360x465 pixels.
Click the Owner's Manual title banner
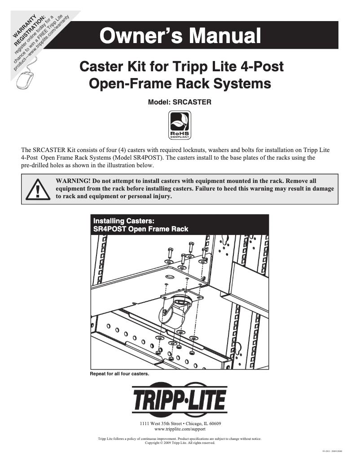[x=180, y=35]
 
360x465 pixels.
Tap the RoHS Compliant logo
[x=180, y=126]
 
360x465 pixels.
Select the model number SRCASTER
[x=192, y=102]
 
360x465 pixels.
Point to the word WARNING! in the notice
[x=72, y=181]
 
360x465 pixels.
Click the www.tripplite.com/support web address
[x=180, y=429]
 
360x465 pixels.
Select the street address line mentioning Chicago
[x=180, y=423]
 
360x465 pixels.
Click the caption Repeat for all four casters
[x=119, y=374]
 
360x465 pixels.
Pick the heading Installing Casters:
[x=123, y=221]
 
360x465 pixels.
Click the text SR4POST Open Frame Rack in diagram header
[x=140, y=229]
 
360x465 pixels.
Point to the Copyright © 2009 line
[x=180, y=443]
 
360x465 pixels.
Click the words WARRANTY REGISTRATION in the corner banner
[x=30, y=30]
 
